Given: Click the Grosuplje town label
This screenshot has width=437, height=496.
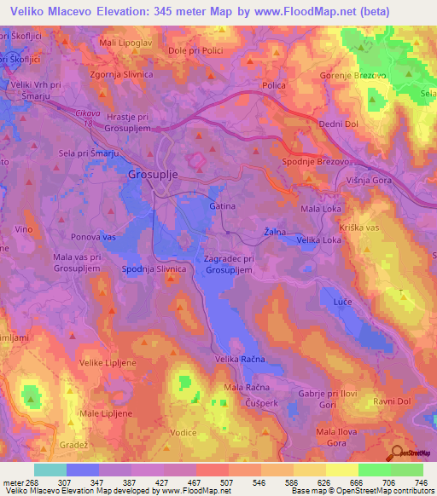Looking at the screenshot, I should pyautogui.click(x=158, y=174).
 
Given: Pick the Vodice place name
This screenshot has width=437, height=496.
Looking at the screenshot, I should pyautogui.click(x=184, y=432).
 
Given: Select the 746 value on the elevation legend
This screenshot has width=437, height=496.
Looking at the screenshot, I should pyautogui.click(x=418, y=482).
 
